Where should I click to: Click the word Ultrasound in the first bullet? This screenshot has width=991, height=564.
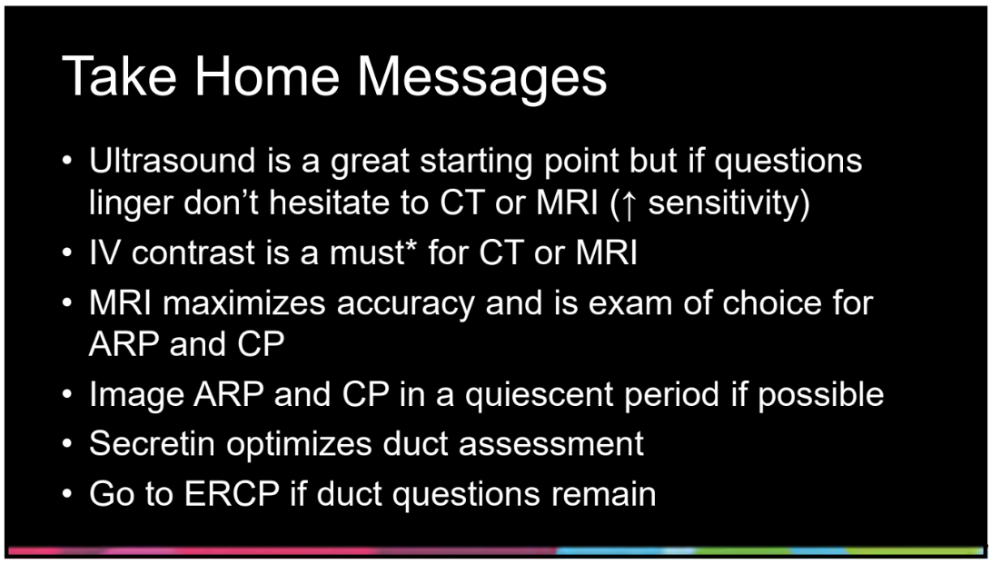coord(173,161)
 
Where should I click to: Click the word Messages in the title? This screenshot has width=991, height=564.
coord(482,75)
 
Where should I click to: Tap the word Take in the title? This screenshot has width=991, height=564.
coord(114,75)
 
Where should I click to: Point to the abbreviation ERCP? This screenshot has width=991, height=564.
coord(232,493)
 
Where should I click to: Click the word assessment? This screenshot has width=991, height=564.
coord(551,444)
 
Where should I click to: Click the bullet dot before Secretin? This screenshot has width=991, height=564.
coord(67,444)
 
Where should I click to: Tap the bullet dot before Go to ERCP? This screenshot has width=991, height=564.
coord(67,494)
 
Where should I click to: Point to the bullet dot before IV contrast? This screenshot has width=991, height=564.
coord(67,254)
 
